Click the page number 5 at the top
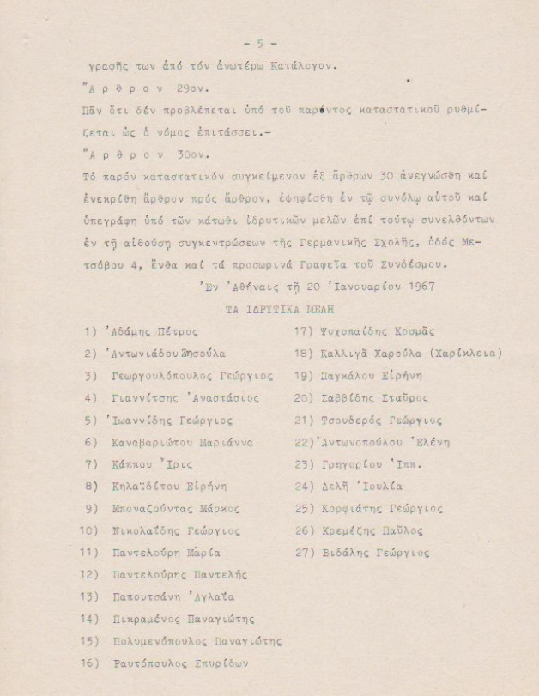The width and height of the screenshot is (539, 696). [259, 42]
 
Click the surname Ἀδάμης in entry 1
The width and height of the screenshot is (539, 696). [128, 331]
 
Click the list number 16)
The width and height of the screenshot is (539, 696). [91, 663]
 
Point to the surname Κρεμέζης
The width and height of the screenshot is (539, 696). [349, 531]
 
